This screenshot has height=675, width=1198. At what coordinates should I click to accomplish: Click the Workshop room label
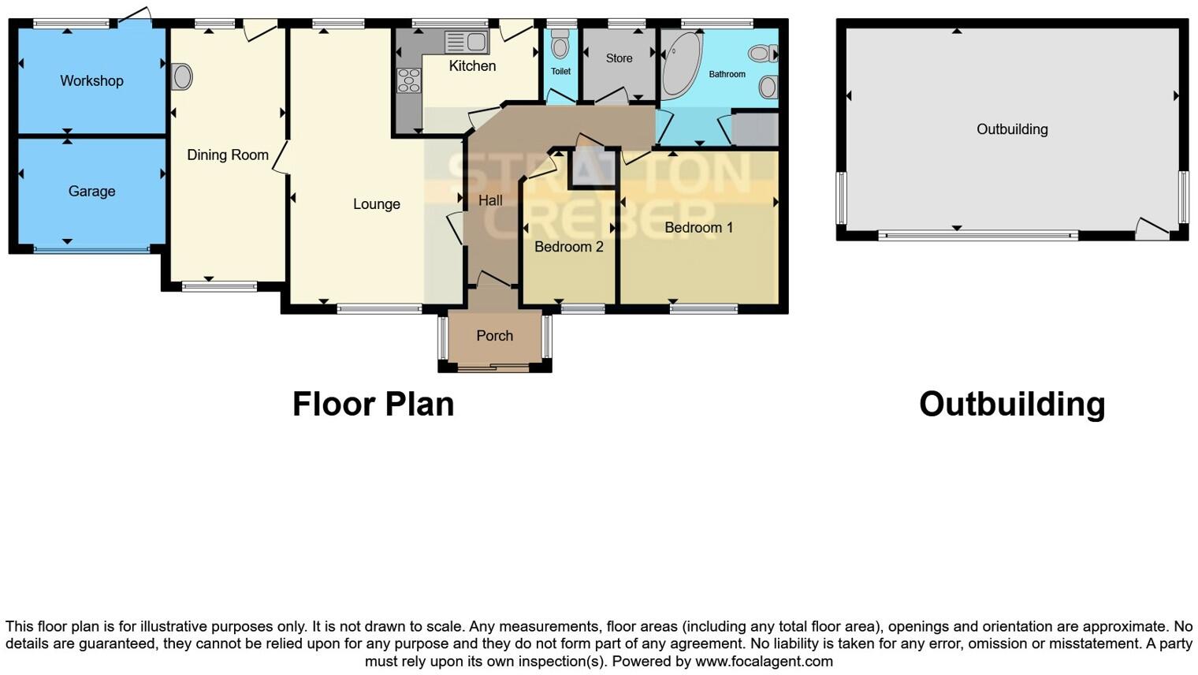[91, 80]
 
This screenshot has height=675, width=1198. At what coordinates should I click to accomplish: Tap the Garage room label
[91, 191]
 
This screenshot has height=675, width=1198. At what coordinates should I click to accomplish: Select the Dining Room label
[227, 155]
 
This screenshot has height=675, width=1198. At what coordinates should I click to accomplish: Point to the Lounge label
[376, 204]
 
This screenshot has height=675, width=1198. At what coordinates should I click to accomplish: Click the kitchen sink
[466, 42]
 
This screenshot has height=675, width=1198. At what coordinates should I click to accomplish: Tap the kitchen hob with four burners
[408, 80]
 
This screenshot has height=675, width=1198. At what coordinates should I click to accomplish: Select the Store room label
[619, 58]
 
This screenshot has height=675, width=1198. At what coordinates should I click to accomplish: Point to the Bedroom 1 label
[698, 228]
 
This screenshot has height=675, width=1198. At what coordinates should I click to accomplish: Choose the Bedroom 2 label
[568, 247]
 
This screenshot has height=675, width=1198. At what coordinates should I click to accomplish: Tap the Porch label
[494, 336]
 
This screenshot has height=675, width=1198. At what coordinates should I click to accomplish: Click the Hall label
[489, 201]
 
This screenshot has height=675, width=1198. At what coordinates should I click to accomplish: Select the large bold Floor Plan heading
[373, 404]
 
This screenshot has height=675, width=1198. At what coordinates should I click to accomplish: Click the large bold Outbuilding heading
[1011, 404]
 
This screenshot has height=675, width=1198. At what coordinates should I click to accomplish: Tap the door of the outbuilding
[1151, 229]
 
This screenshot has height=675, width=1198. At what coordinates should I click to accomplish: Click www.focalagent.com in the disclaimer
[763, 662]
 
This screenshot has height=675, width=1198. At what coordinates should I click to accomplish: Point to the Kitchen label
[472, 66]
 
